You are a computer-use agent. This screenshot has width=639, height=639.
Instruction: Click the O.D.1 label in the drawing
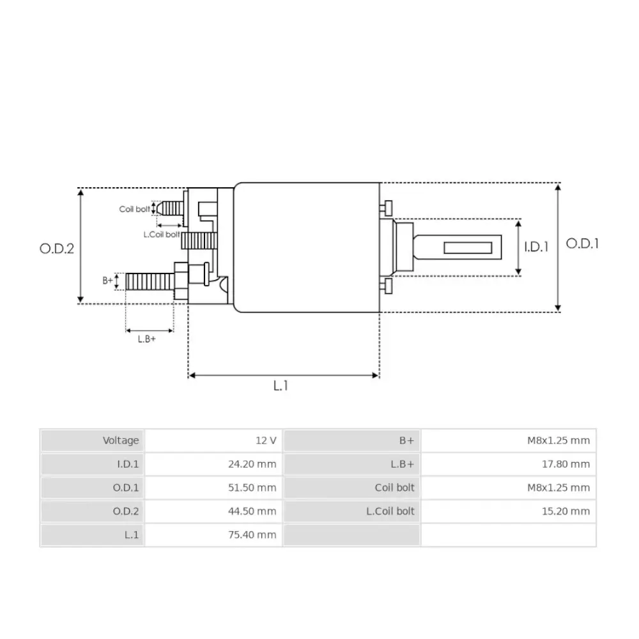(x=582, y=243)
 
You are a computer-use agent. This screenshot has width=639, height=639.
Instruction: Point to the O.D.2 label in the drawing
(x=57, y=249)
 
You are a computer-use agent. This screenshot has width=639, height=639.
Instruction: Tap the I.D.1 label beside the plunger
(x=536, y=247)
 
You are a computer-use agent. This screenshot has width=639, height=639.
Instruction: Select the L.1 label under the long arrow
(x=281, y=385)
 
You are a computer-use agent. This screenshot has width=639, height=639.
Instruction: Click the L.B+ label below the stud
(x=147, y=339)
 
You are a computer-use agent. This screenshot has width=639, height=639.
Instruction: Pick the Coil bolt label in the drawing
(x=134, y=209)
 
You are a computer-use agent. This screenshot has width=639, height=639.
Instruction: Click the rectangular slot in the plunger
(x=468, y=248)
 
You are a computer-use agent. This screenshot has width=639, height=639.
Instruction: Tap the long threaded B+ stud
(x=150, y=282)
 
